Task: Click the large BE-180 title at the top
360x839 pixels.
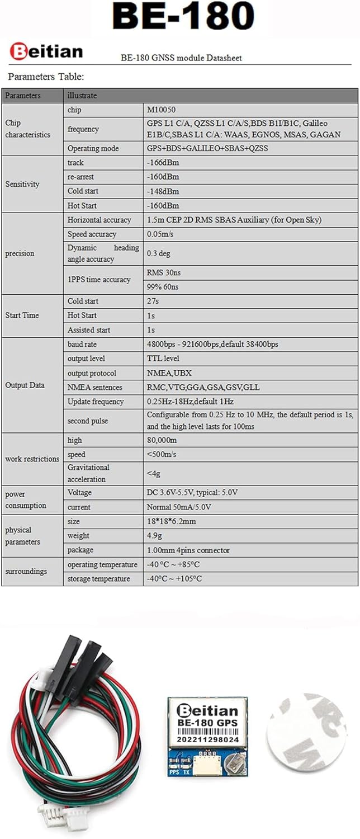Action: [183, 17]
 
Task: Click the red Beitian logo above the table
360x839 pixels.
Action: [46, 52]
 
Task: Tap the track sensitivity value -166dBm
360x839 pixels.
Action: [163, 163]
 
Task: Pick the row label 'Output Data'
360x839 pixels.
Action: [25, 385]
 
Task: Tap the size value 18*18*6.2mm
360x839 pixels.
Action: [171, 521]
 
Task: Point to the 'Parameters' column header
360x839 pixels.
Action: [23, 96]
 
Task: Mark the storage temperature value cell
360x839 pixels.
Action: [174, 579]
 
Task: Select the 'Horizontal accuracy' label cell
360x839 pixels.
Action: [99, 220]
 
